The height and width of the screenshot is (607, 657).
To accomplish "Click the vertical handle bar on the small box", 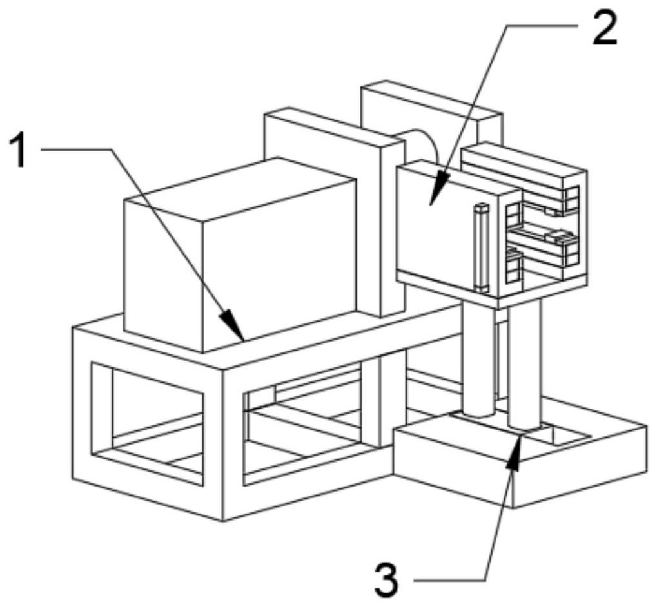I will coord(481,246).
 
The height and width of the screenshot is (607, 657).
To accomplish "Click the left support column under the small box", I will coord(477,361).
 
